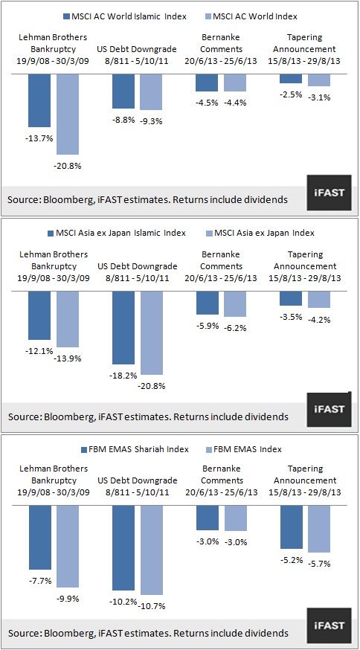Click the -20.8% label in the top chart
pos(67,167)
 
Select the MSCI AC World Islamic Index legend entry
pos(125,16)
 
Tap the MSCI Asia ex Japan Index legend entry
pos(260,233)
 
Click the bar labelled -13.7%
pos(39,100)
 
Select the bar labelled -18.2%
pos(123,327)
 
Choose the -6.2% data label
pos(235,328)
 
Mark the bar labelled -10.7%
pos(152,550)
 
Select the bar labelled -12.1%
pos(39,315)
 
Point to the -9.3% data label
pos(151,121)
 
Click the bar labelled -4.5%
pos(207,83)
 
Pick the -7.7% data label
pos(39,581)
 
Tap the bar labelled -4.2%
pos(319,299)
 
